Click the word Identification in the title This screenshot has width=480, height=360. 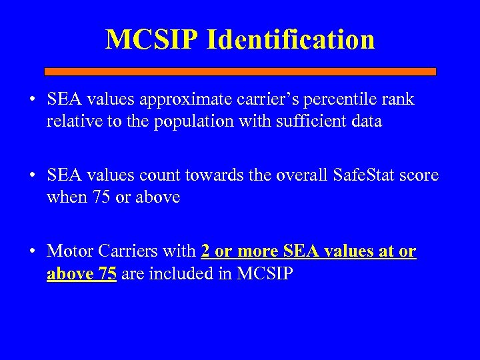[291, 39]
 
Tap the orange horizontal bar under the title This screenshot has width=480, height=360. [240, 71]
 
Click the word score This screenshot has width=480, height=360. [419, 176]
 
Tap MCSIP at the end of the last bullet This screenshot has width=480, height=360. [265, 274]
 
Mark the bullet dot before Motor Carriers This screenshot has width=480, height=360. [32, 252]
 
